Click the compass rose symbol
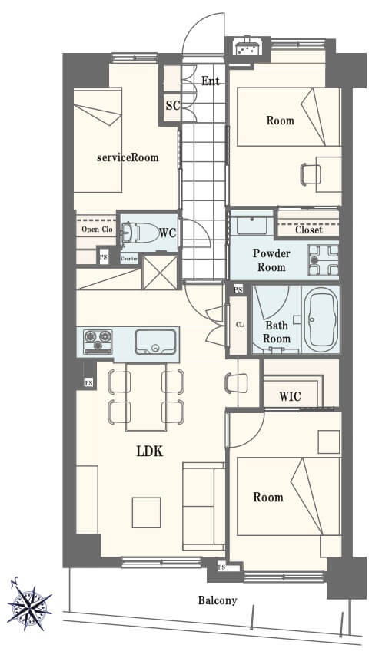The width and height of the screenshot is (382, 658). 29,603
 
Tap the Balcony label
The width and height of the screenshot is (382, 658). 218,600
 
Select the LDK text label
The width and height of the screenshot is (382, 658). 150,451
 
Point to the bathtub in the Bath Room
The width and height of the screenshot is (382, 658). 321,319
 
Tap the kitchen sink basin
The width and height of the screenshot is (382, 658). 155,342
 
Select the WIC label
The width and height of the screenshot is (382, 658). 290,396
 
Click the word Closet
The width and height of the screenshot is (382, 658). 309,230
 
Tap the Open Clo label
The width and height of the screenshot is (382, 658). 97,229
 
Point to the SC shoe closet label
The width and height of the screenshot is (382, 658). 173,105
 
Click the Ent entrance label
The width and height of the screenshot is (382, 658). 211,81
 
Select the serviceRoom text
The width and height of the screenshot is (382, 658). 128,158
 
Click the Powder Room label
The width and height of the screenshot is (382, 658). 271,260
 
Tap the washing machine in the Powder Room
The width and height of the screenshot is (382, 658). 323,260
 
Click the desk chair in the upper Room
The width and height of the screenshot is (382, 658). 311,174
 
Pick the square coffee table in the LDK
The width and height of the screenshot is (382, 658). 146,512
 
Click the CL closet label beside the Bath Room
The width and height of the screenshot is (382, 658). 240,325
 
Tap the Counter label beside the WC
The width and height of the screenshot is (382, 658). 129,259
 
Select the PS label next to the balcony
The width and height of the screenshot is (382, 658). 221,567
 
